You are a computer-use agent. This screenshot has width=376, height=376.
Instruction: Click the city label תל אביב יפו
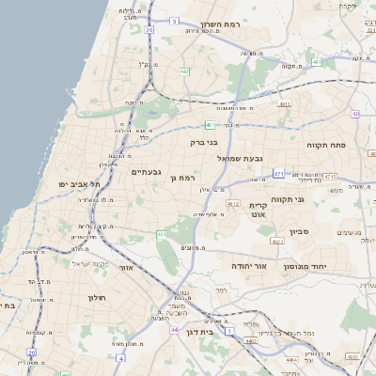click(x=80, y=184)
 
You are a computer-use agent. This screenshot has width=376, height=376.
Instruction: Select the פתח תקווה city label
click(x=327, y=146)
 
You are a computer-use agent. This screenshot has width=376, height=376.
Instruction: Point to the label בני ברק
click(x=204, y=143)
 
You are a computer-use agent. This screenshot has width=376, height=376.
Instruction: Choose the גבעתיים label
click(x=149, y=171)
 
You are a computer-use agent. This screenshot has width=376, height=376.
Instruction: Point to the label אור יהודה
click(x=249, y=266)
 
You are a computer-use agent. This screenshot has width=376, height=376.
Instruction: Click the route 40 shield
click(x=355, y=114)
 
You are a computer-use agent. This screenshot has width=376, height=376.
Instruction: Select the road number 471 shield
click(x=278, y=173)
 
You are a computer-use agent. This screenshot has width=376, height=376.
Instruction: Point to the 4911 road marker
click(x=284, y=105)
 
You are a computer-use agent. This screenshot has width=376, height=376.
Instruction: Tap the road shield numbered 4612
click(x=234, y=203)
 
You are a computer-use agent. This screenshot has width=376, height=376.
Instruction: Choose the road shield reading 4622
click(x=277, y=242)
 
